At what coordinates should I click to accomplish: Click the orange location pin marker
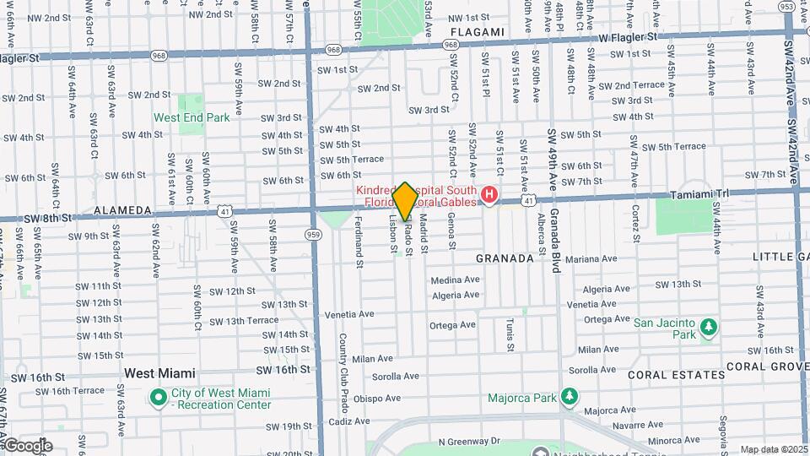point(405,201)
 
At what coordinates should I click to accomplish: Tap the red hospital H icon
point(489,197)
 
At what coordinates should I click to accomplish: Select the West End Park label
point(192,117)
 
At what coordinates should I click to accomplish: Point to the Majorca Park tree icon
point(570,397)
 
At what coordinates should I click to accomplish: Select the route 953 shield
point(787,7)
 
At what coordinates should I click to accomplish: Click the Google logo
point(27,445)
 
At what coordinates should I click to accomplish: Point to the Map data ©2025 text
point(774,449)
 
